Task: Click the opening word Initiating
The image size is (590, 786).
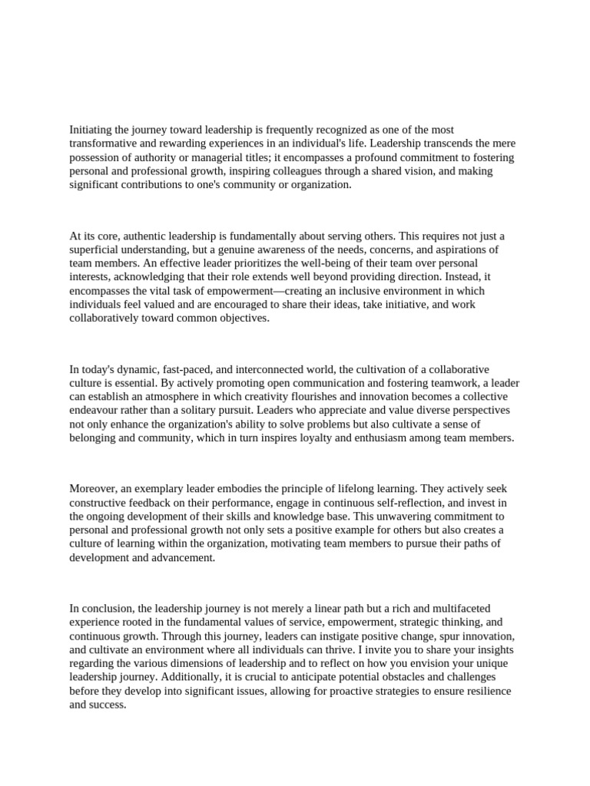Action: (x=91, y=130)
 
